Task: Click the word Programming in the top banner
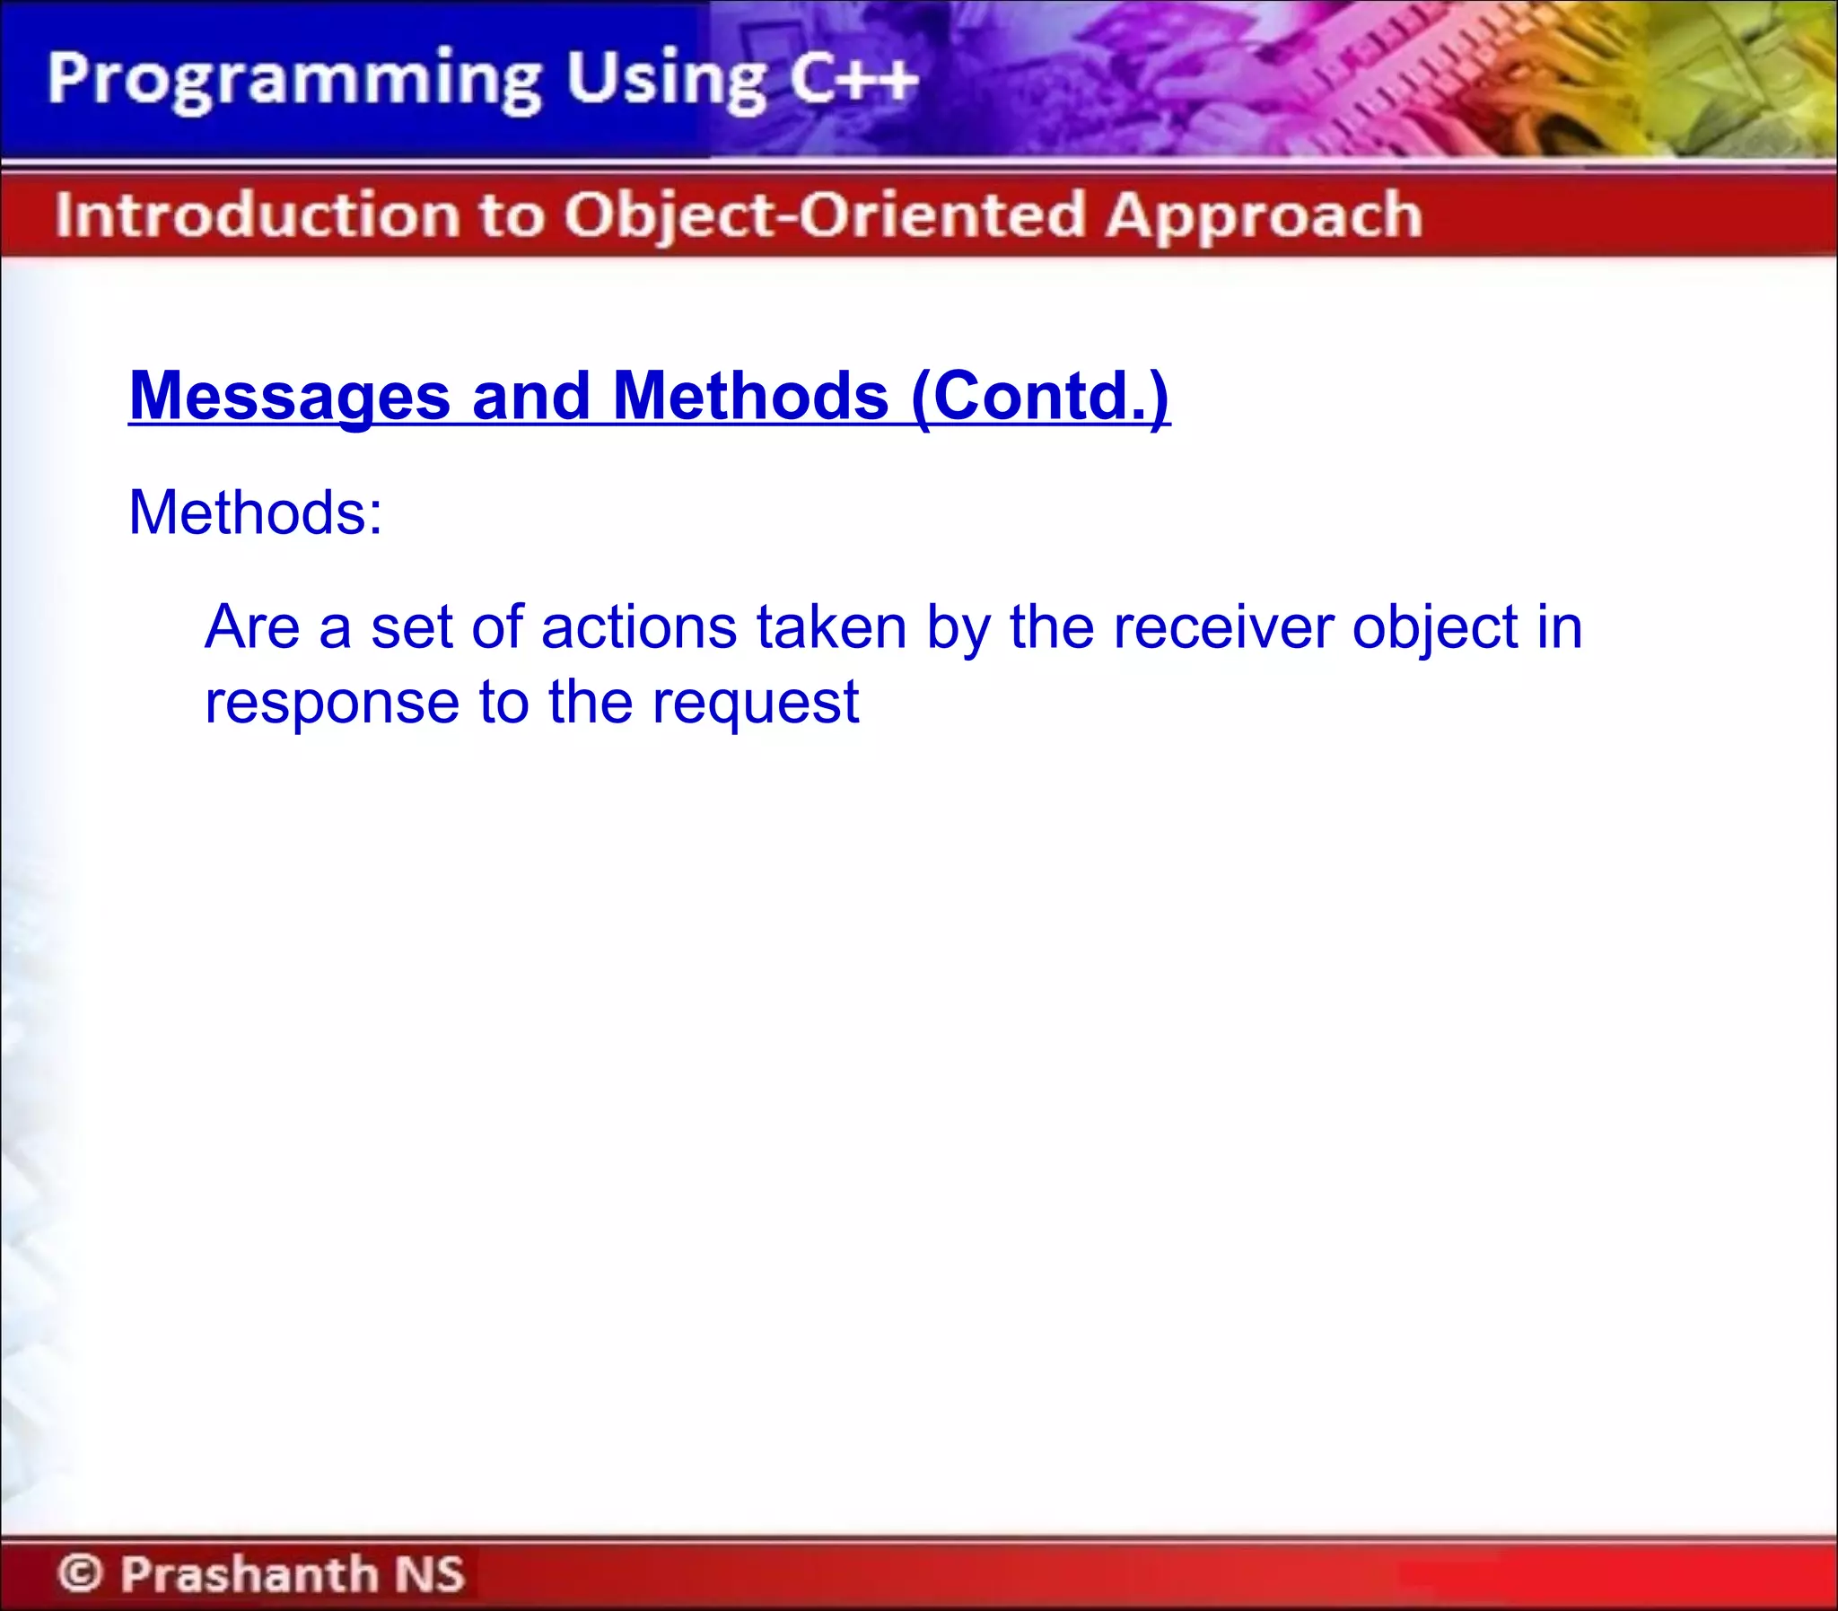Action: pos(293,81)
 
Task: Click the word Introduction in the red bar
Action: pos(257,215)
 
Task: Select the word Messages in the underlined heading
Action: pos(289,397)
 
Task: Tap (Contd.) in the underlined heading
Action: pos(1040,397)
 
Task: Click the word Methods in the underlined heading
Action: pos(750,397)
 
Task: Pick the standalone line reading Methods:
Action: pos(255,512)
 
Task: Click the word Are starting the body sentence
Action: pos(251,626)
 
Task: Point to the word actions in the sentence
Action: pos(639,626)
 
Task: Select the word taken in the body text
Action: pos(831,626)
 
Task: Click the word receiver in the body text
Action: pos(1223,626)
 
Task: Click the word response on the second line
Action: pos(332,704)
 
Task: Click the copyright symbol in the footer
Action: pos(80,1573)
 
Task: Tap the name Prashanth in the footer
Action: pos(249,1573)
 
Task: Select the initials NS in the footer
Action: pos(430,1573)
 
